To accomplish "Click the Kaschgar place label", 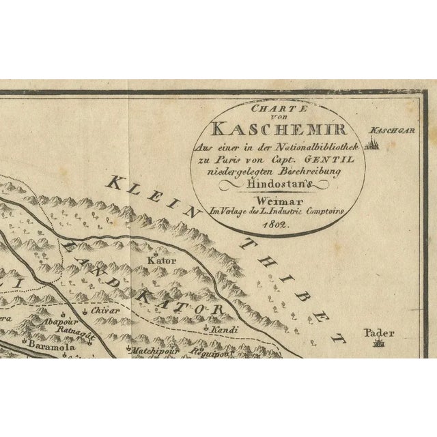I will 386,130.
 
